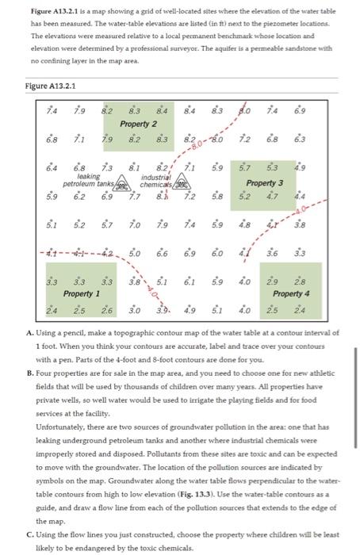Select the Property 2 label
(x=139, y=124)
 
